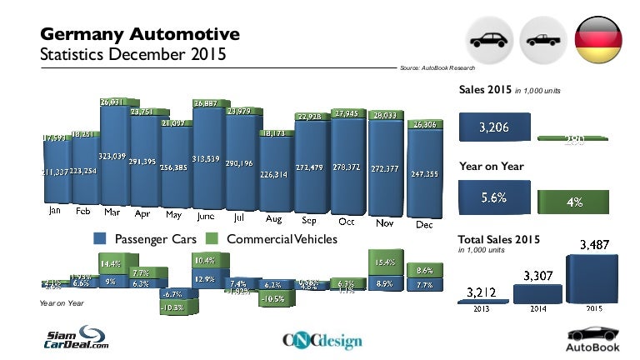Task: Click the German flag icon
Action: (597, 38)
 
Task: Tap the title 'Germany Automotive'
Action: (140, 34)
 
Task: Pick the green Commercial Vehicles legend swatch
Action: (213, 239)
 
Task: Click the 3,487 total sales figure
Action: (594, 245)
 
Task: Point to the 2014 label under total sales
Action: (537, 308)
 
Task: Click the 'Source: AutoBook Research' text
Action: (437, 67)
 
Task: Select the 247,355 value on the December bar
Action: (423, 174)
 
